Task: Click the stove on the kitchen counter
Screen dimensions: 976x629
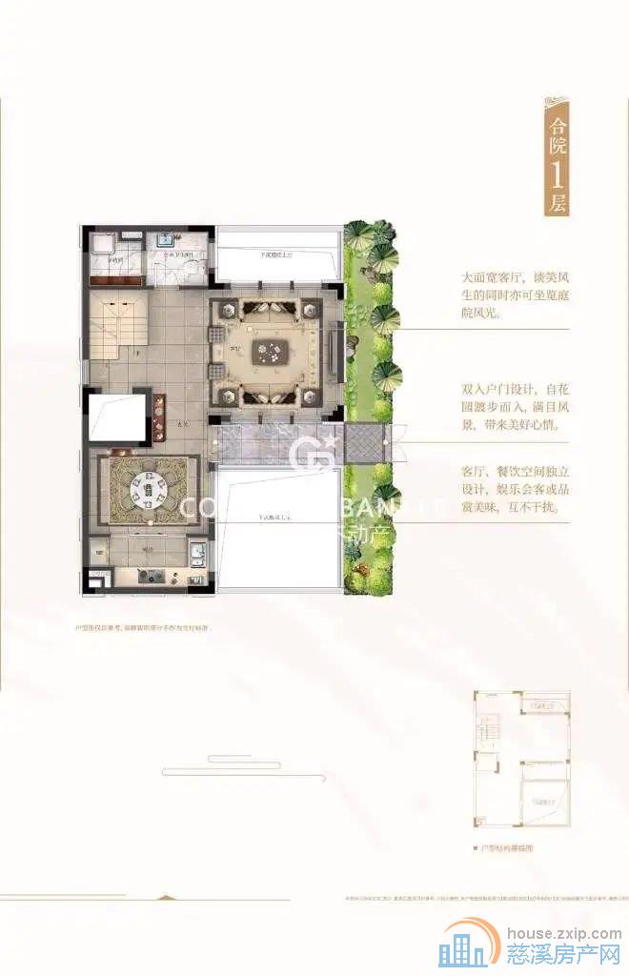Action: pos(150,575)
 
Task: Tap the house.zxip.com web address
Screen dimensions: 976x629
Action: pos(562,935)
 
